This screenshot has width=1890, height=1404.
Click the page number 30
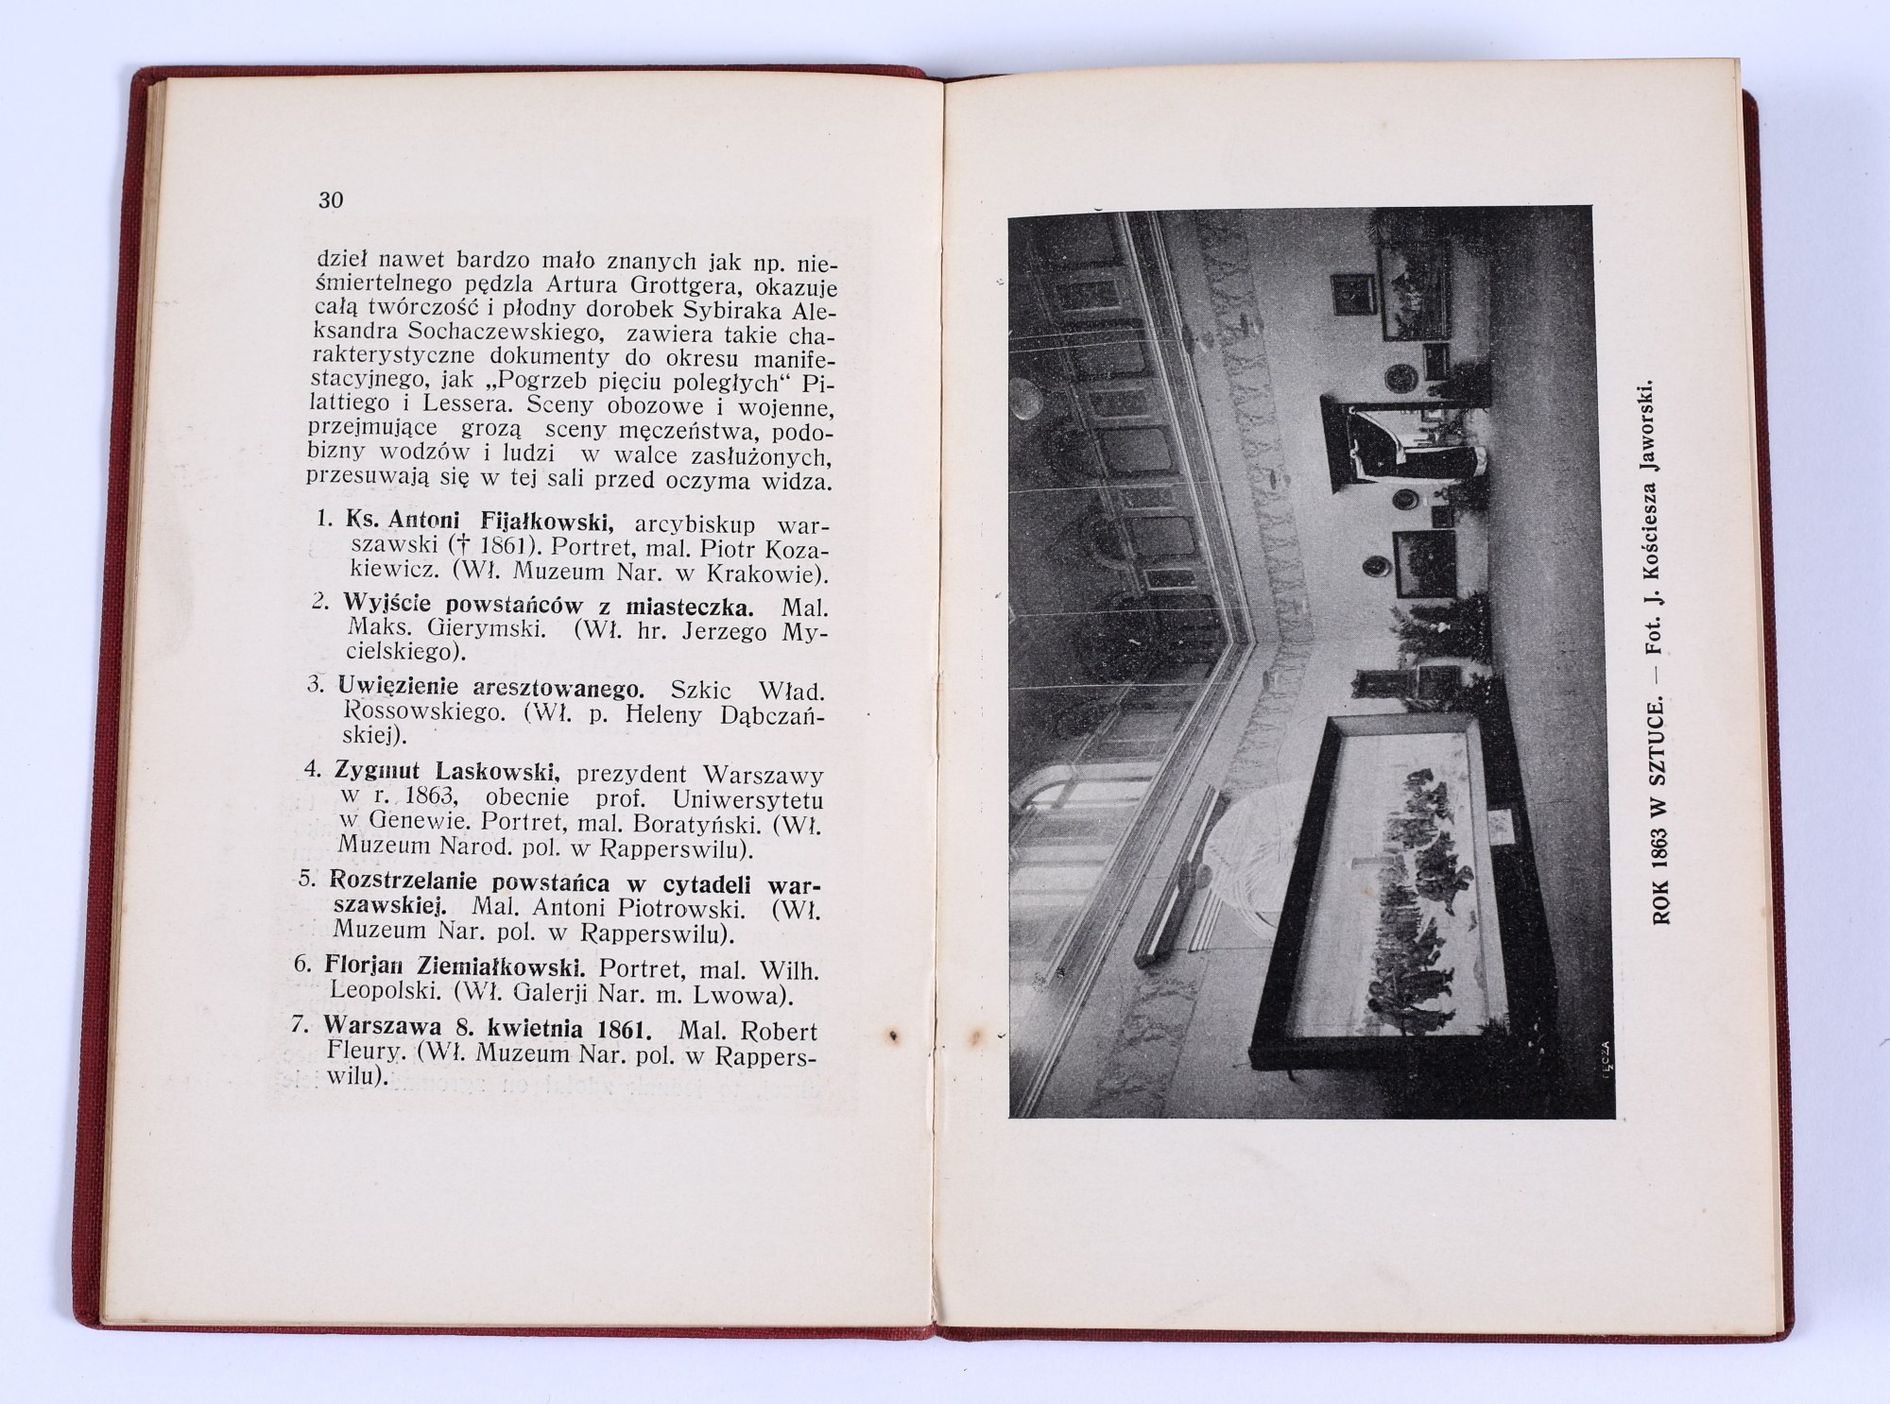pyautogui.click(x=331, y=200)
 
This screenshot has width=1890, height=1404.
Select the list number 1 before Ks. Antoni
pyautogui.click(x=322, y=521)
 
